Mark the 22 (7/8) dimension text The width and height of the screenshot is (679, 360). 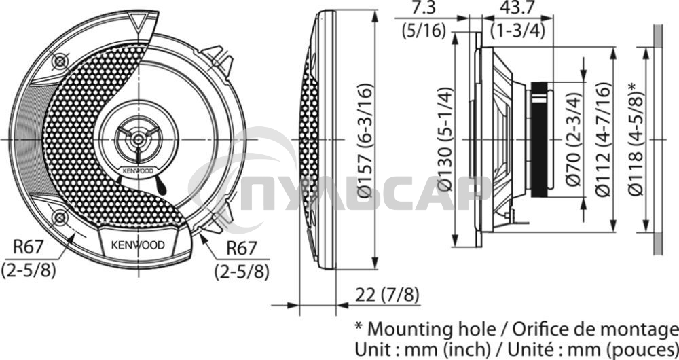388,295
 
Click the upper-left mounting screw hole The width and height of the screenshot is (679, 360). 60,62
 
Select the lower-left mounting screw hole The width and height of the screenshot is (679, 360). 60,217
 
